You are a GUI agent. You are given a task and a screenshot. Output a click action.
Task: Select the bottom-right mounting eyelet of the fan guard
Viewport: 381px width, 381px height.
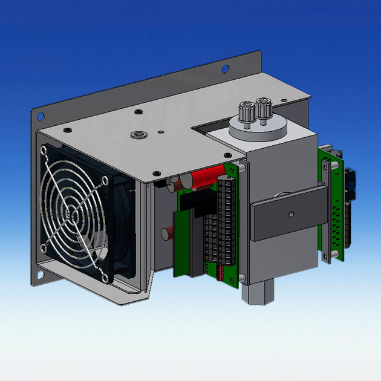point(105,277)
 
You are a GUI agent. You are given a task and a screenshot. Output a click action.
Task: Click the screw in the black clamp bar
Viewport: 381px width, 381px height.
point(291,213)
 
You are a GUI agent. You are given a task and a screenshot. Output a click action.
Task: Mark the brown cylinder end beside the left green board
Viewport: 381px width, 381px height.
point(166,233)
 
